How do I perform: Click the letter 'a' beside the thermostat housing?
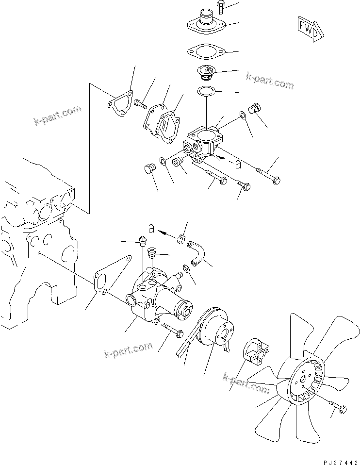coord(238,164)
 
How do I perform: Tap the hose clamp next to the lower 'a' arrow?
coord(182,238)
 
